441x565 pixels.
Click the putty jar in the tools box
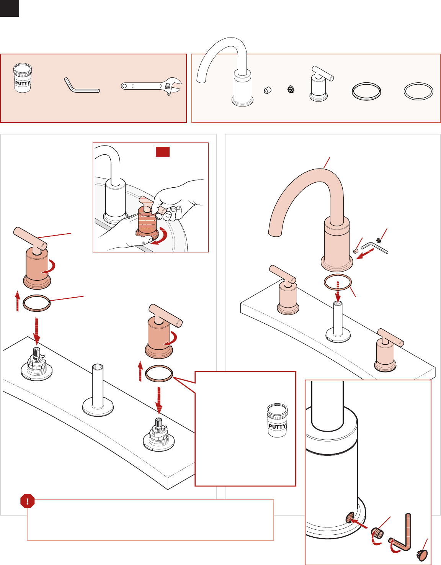click(x=23, y=78)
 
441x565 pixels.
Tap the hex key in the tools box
click(x=81, y=86)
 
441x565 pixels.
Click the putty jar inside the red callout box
click(x=277, y=420)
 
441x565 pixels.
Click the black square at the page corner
click(x=9, y=8)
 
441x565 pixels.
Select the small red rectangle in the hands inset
click(x=163, y=152)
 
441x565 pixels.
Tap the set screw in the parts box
click(x=267, y=90)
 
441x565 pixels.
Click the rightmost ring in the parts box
click(x=418, y=91)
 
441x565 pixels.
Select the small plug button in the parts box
click(x=291, y=90)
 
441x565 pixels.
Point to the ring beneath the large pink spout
click(x=338, y=282)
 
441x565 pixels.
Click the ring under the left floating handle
click(x=36, y=303)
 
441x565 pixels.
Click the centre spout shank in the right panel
click(x=338, y=323)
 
